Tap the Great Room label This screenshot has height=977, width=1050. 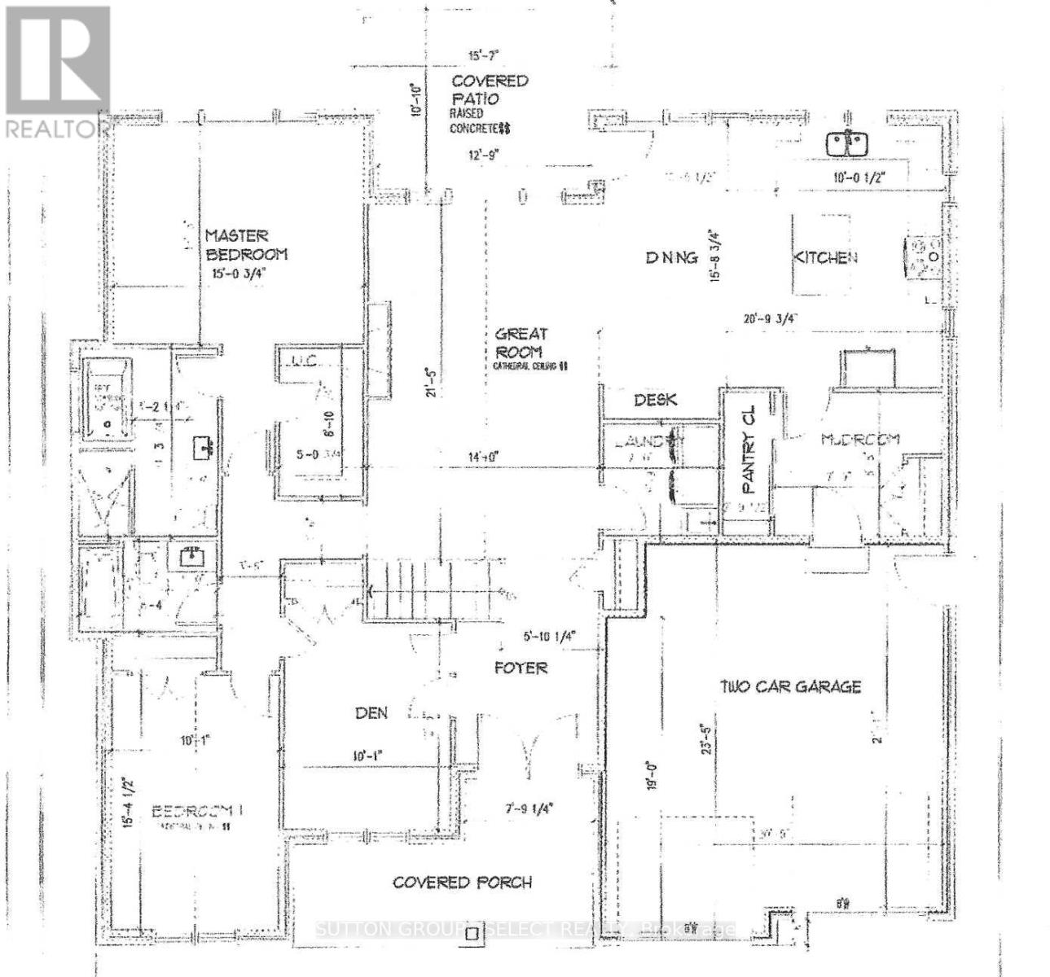tap(521, 343)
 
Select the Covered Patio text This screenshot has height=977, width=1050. tap(489, 90)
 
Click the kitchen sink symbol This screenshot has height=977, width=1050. tap(846, 144)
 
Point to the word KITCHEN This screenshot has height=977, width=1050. tap(825, 257)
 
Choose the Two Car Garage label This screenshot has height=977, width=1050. tap(790, 686)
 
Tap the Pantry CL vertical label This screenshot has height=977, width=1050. tap(749, 449)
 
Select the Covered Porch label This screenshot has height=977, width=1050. tap(462, 883)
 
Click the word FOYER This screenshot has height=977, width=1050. tap(521, 668)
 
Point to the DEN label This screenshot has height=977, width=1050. tap(371, 713)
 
